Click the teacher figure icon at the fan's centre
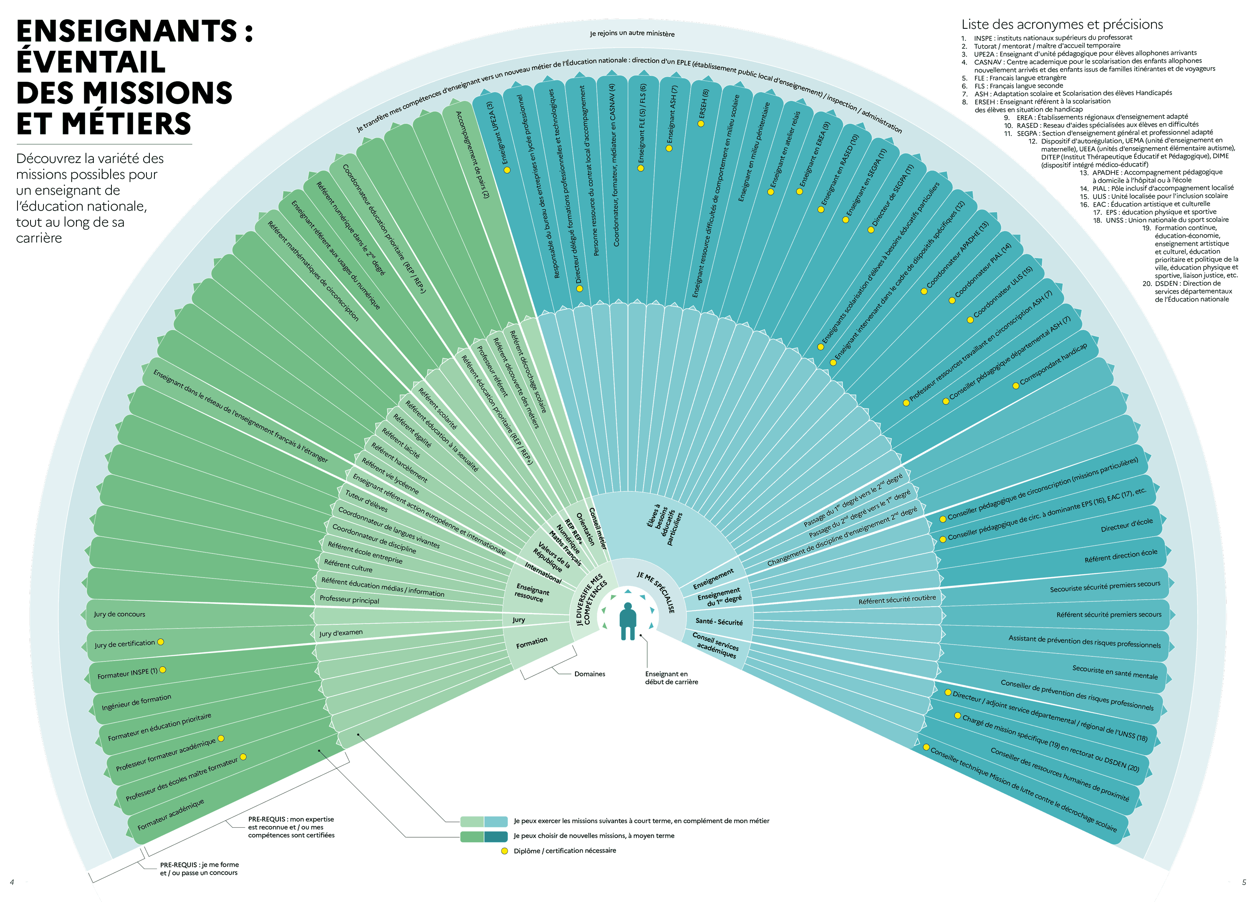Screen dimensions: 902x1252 (628, 620)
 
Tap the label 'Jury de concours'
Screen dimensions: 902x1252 (119, 614)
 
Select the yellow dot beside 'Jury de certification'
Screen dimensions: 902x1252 (161, 642)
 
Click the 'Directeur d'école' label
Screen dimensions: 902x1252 (1126, 525)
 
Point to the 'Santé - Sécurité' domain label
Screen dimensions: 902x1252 (719, 621)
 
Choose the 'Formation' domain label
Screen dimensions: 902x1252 (532, 643)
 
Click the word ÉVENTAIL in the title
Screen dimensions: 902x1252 (91, 61)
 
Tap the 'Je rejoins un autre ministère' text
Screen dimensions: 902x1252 (632, 34)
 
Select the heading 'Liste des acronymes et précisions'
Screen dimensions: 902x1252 (1062, 24)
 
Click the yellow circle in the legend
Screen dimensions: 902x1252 (504, 851)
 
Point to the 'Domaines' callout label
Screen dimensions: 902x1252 (590, 673)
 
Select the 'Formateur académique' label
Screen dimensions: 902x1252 (171, 814)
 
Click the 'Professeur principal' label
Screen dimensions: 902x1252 (349, 600)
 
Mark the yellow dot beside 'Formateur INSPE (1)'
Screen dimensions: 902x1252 (163, 670)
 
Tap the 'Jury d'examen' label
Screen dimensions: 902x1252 (341, 633)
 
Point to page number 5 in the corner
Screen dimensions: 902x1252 (1244, 882)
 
